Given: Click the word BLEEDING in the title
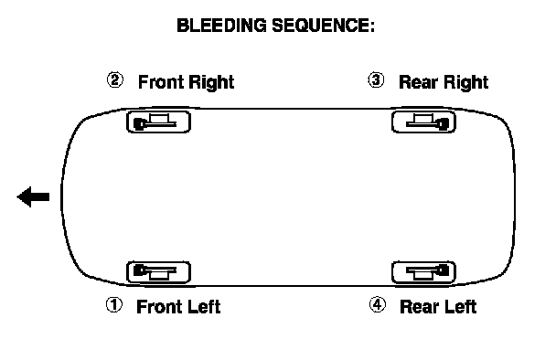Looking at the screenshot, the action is (x=221, y=26).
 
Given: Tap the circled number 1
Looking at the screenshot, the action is (x=114, y=305).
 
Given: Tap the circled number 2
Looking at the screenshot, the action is (x=115, y=80).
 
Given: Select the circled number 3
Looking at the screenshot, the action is (x=376, y=80).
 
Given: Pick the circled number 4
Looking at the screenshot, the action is (x=378, y=305).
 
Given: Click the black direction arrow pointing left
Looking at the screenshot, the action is (x=33, y=196).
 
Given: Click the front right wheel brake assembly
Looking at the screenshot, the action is (x=158, y=122).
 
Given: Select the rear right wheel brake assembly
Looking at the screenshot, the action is (x=423, y=122).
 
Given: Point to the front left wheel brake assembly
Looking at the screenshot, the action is (x=158, y=272).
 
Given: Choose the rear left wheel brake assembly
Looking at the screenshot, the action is (x=423, y=272).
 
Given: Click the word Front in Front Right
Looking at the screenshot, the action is (x=160, y=82).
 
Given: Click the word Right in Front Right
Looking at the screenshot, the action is (x=211, y=83).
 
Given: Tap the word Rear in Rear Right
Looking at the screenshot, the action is (x=419, y=82).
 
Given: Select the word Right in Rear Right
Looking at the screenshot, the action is (x=466, y=83).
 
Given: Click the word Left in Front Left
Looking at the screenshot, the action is (x=204, y=307).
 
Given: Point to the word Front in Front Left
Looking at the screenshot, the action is (x=159, y=307).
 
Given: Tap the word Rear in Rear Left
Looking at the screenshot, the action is (x=419, y=307).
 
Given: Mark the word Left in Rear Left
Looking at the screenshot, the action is (x=460, y=307).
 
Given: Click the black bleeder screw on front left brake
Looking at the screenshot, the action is (x=139, y=270).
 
